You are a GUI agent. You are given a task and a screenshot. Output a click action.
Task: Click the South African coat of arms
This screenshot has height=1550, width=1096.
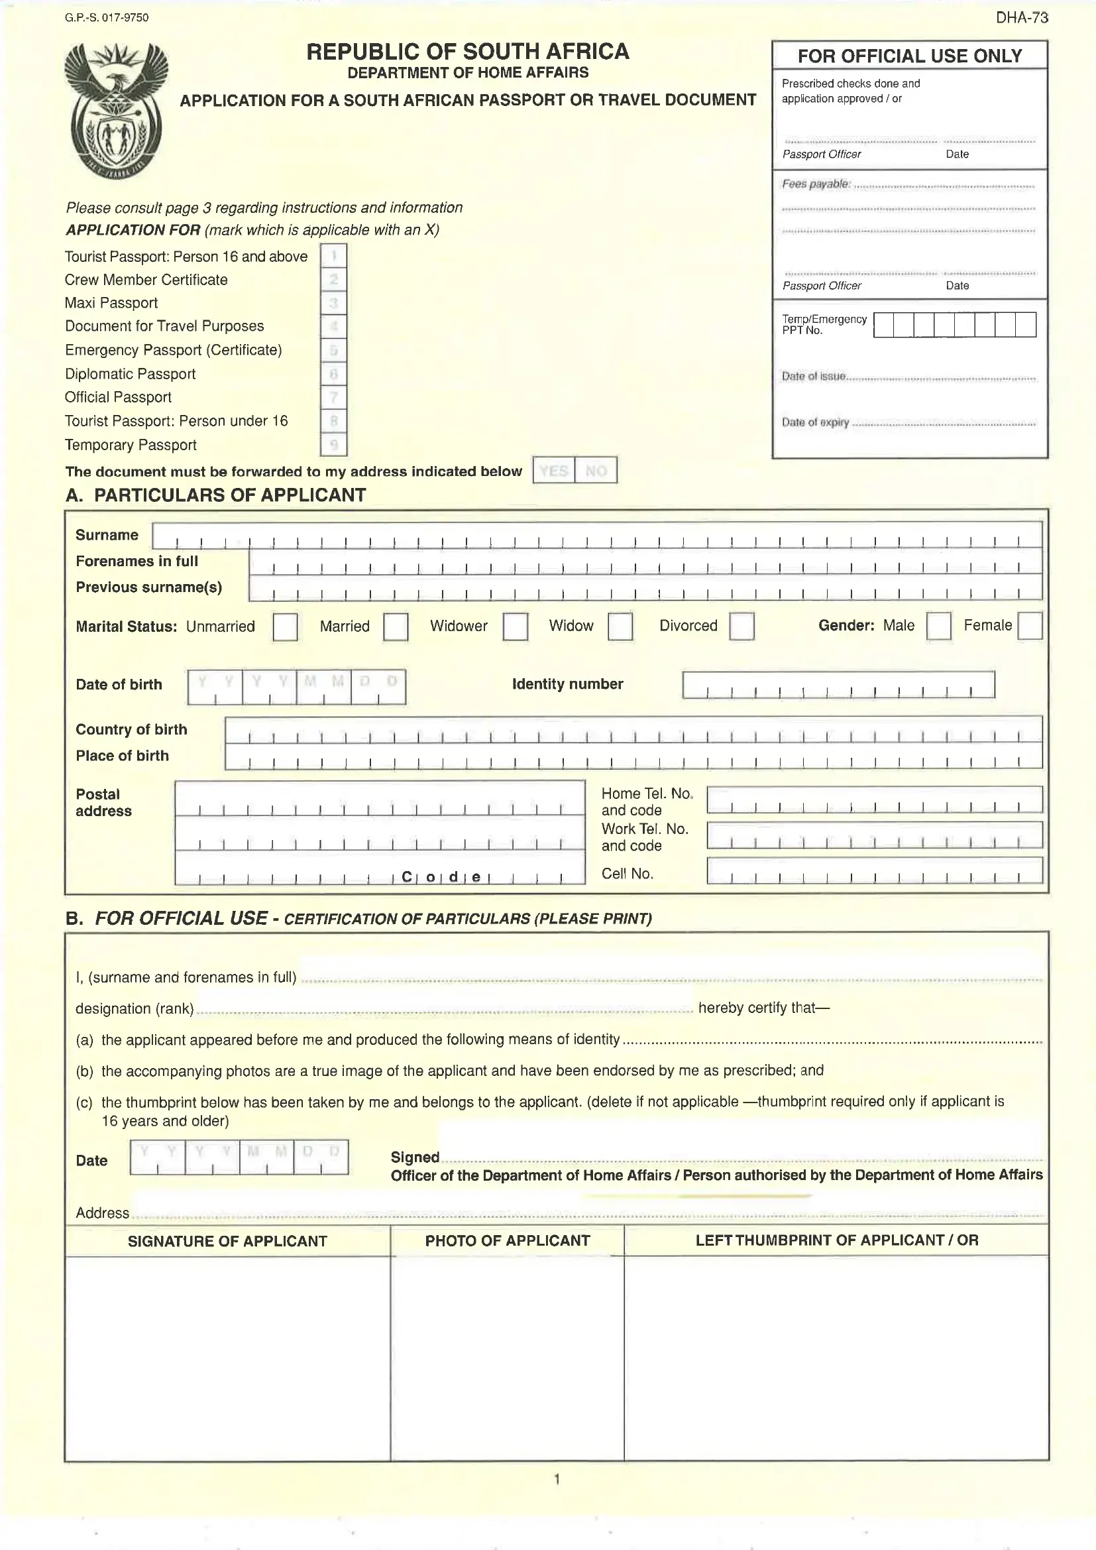115,110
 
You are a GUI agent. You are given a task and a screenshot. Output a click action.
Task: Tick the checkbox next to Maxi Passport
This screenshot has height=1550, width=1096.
333,303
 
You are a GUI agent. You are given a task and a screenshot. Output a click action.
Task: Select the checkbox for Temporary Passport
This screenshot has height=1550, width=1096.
333,445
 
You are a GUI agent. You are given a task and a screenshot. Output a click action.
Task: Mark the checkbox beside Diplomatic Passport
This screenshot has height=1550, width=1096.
333,374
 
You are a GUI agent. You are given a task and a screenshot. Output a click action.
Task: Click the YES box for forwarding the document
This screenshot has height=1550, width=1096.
553,471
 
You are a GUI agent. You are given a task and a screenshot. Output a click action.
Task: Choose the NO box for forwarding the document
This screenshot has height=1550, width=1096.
596,471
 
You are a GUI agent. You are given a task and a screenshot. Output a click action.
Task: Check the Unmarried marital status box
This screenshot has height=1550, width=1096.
285,626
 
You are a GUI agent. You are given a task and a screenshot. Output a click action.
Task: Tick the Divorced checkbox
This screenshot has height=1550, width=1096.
741,626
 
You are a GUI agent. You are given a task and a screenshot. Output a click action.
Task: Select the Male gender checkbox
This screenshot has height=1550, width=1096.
938,626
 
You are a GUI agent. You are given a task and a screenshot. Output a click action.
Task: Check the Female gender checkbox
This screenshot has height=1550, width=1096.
1029,626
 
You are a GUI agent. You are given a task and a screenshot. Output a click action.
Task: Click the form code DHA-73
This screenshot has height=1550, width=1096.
1022,18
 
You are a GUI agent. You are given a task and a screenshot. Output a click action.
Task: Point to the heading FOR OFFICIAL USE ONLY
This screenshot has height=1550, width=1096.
909,56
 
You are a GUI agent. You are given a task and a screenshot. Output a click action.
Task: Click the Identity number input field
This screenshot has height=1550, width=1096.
838,685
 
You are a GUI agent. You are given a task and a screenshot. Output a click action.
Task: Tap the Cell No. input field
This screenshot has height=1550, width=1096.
874,871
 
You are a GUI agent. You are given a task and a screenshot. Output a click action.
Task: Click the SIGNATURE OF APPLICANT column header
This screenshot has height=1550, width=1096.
227,1241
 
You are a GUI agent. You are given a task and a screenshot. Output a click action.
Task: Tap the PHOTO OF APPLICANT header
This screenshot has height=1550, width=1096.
508,1240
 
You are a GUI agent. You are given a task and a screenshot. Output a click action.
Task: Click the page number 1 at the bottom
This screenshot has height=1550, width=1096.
557,1480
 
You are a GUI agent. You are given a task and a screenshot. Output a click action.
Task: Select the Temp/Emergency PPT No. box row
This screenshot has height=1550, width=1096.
954,325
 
